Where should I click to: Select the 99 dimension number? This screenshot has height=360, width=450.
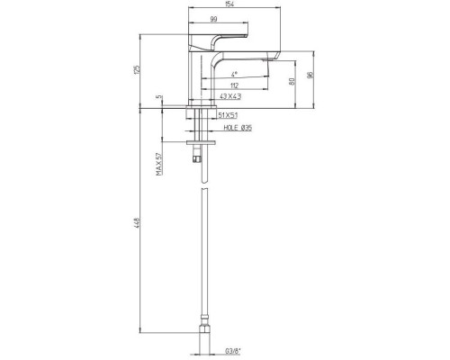214,19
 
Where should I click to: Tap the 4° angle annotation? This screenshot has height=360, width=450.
233,73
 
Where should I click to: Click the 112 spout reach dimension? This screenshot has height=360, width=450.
233,85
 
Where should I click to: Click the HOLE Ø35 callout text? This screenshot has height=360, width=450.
233,128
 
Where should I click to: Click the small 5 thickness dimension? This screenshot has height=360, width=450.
158,97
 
